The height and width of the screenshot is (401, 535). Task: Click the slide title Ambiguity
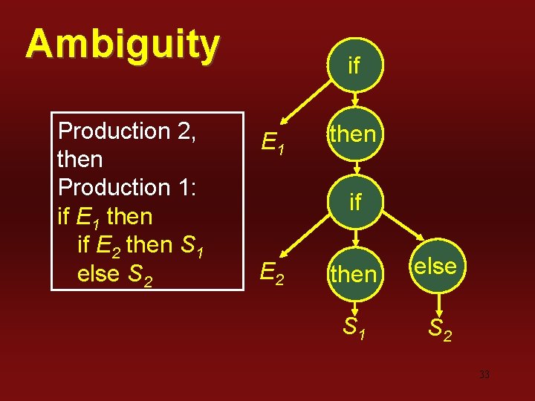pyautogui.click(x=123, y=45)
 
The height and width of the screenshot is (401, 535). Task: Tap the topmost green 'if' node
pyautogui.click(x=354, y=65)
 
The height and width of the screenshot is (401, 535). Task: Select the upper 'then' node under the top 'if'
pyautogui.click(x=353, y=134)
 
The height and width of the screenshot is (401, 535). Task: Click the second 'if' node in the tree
pyautogui.click(x=354, y=201)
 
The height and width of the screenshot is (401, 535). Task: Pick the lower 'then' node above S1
pyautogui.click(x=353, y=274)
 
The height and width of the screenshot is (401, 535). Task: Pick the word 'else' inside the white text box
pyautogui.click(x=98, y=274)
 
